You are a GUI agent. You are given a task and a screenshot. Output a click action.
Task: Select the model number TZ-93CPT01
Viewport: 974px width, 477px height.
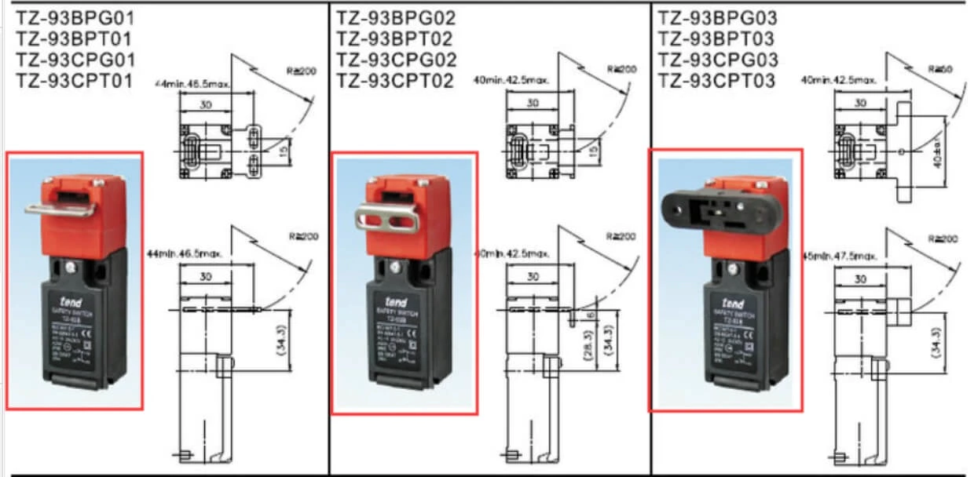(75, 81)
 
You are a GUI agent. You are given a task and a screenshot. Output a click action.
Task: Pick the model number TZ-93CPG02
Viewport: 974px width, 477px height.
(396, 60)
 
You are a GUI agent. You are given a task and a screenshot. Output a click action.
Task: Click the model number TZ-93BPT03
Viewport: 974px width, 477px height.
(716, 39)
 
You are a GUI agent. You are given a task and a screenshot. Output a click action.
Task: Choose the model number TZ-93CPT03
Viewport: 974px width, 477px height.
(716, 81)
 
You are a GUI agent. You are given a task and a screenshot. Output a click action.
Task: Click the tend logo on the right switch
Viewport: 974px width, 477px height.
(734, 300)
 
